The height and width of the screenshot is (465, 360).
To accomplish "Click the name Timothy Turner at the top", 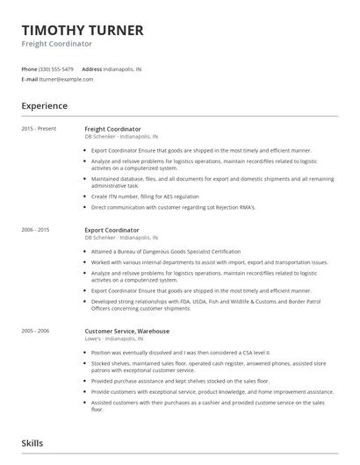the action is click(83, 30).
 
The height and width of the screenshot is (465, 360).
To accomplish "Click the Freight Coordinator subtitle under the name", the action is click(57, 44).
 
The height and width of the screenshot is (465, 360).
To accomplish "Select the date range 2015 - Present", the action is click(39, 129).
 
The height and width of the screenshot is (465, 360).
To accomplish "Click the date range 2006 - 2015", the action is click(36, 230).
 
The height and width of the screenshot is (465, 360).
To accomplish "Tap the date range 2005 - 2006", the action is click(36, 332).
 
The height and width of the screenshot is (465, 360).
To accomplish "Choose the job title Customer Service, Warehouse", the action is click(127, 332).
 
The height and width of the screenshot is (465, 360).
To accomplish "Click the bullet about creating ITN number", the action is click(145, 197).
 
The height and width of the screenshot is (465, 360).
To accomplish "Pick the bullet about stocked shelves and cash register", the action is click(211, 366).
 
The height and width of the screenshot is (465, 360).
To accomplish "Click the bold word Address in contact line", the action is click(91, 68).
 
